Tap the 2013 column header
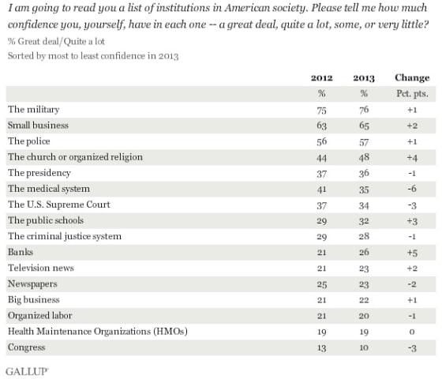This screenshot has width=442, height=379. pyautogui.click(x=364, y=77)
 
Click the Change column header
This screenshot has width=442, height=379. pyautogui.click(x=411, y=77)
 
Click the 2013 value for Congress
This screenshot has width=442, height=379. pyautogui.click(x=364, y=347)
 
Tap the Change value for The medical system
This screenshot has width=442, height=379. pyautogui.click(x=411, y=188)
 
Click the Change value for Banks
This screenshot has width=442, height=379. pyautogui.click(x=411, y=252)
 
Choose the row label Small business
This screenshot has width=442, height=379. pyautogui.click(x=38, y=125)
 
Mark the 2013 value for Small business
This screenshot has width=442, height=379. pyautogui.click(x=364, y=125)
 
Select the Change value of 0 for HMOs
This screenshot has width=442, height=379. pyautogui.click(x=411, y=331)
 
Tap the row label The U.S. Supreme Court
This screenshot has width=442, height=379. pyautogui.click(x=53, y=204)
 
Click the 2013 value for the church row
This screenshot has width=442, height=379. pyautogui.click(x=364, y=156)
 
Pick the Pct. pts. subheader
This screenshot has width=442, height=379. pyautogui.click(x=411, y=93)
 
